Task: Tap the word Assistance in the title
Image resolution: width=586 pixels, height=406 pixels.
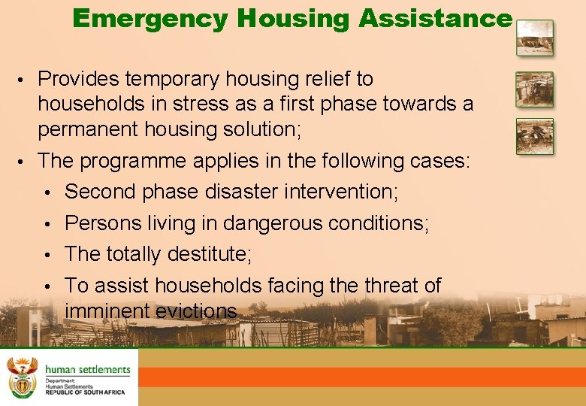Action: (x=434, y=18)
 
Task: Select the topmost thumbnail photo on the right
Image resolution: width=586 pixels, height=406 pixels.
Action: (x=534, y=38)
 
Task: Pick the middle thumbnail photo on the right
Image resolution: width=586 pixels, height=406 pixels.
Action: (x=534, y=89)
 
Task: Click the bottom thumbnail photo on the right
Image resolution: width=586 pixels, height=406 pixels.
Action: (x=534, y=136)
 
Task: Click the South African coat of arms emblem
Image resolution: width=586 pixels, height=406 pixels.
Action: (x=22, y=377)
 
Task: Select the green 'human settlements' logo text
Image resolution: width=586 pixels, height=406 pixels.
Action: (x=88, y=369)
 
